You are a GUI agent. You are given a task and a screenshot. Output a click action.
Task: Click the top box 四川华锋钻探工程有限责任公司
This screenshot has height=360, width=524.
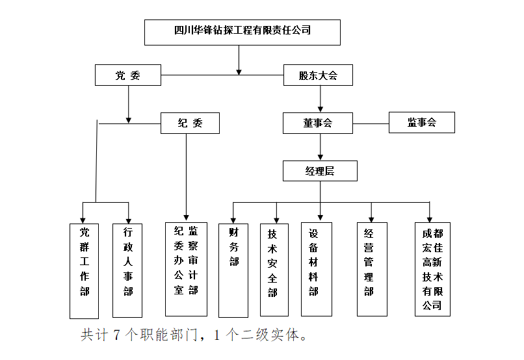(x=242, y=32)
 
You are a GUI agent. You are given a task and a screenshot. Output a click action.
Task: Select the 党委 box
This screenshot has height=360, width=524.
(x=127, y=75)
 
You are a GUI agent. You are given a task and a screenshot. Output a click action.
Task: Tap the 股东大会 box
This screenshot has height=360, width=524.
(x=319, y=75)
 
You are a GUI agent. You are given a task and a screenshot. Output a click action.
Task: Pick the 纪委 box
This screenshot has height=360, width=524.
(x=190, y=123)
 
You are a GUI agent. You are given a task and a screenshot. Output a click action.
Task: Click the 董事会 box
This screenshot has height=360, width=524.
(x=318, y=123)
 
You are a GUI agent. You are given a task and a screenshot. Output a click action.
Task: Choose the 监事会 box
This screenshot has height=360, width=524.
(x=421, y=123)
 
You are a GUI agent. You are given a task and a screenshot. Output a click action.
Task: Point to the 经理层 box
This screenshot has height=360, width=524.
(x=320, y=171)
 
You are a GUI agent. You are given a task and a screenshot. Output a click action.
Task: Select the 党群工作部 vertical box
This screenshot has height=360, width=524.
(x=85, y=270)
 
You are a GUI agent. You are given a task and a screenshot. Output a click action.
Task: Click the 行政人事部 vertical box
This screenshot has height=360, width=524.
(x=128, y=270)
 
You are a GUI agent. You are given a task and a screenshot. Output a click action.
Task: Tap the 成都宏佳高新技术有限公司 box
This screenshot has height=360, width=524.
(x=432, y=269)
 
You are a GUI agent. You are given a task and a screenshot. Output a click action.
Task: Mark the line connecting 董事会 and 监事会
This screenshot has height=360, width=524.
(x=371, y=123)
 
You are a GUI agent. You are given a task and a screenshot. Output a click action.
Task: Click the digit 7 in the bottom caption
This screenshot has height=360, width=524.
(x=117, y=335)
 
